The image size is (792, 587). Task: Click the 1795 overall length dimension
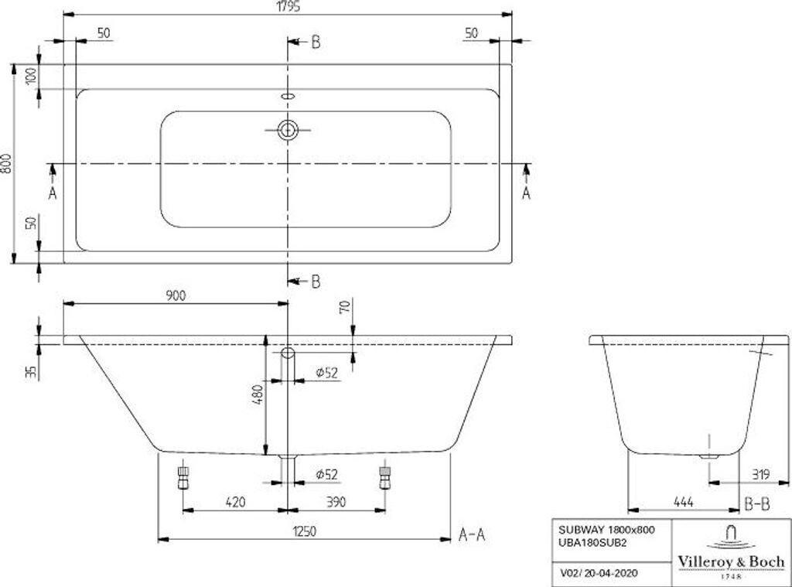(288, 6)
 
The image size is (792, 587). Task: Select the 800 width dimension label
(6, 163)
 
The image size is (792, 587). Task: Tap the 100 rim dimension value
(31, 77)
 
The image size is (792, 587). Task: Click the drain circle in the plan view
(288, 131)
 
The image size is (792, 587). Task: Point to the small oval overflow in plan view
(288, 96)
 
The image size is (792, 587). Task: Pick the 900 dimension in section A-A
(176, 295)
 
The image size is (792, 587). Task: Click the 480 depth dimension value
(258, 394)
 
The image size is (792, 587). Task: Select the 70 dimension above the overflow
(345, 306)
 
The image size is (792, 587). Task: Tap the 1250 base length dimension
(304, 531)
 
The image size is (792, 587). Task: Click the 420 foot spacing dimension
(235, 502)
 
